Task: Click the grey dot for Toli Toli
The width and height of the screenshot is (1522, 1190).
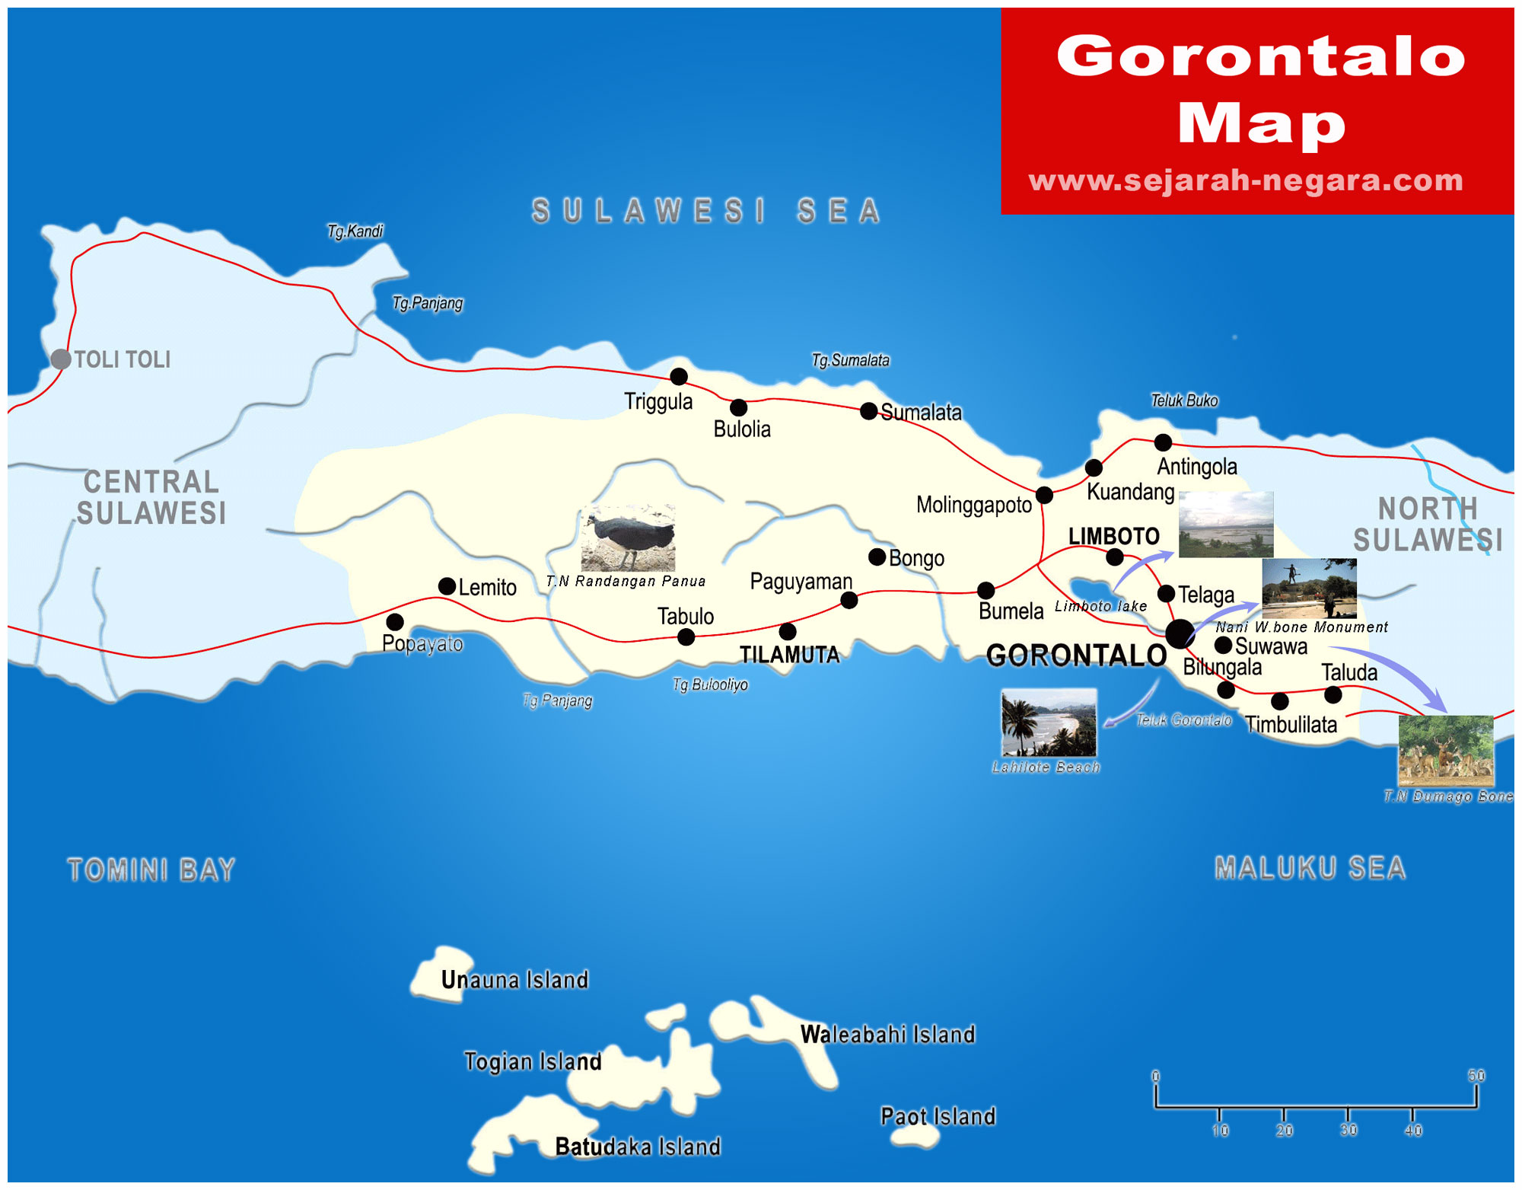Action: point(60,359)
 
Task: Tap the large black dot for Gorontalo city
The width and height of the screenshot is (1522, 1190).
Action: point(1179,633)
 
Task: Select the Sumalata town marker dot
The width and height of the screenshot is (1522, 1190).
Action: point(868,411)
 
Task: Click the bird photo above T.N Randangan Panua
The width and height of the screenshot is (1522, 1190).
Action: point(628,538)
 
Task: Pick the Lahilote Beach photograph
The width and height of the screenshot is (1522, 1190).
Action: point(1049,723)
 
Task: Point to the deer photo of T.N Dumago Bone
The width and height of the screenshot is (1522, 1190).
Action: point(1446,751)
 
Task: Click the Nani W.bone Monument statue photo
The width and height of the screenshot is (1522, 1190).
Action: point(1309,588)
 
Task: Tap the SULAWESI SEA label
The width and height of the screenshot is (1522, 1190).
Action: point(706,211)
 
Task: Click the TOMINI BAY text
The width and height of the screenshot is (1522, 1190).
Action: point(151,869)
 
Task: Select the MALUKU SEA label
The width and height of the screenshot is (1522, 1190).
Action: point(1310,868)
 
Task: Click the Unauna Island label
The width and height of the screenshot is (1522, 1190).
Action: point(514,979)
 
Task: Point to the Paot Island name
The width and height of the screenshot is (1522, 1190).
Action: point(938,1116)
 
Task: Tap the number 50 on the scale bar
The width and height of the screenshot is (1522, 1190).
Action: point(1476,1076)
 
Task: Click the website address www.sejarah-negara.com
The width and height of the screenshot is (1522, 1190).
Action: point(1246,180)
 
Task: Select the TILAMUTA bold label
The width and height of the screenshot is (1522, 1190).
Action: point(790,655)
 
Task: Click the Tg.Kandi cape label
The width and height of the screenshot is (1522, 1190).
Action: point(355,231)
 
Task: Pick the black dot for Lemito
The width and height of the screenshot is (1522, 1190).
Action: point(447,586)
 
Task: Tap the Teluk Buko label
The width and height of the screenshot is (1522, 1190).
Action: point(1183,400)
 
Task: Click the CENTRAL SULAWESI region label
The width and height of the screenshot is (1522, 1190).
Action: point(151,497)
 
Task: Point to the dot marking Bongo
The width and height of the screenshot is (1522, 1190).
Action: point(877,557)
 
